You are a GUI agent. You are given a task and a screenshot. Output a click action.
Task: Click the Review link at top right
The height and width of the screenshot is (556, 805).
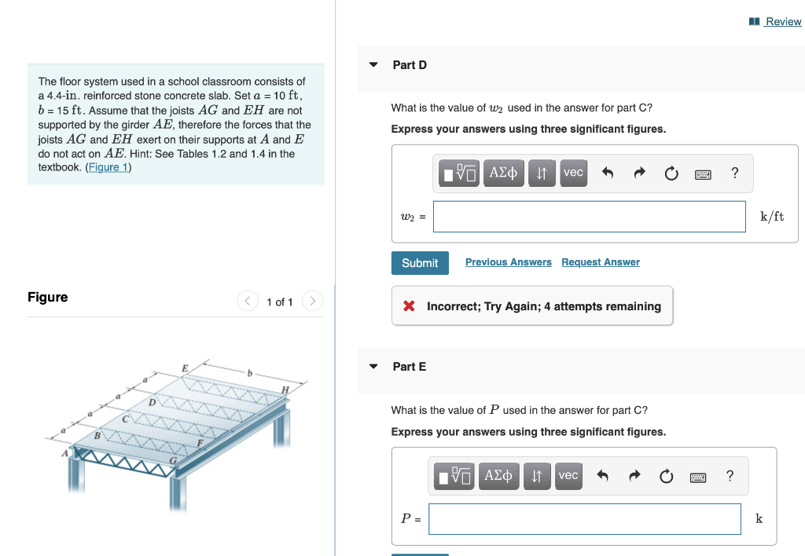[783, 21]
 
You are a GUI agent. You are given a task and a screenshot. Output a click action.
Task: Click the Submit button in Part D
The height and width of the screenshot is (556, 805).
[420, 263]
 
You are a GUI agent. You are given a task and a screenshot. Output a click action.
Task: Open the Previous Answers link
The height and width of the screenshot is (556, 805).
[508, 262]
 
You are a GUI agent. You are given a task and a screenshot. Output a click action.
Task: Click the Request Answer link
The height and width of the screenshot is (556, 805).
[600, 262]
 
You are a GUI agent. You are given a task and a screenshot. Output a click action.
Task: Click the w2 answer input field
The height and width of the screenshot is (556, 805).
[589, 217]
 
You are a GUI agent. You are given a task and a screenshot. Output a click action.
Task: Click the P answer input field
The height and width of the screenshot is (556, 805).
[584, 519]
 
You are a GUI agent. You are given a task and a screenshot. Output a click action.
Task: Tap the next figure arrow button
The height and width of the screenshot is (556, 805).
[313, 301]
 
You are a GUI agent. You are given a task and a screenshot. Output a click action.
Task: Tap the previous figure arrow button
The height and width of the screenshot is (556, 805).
[248, 301]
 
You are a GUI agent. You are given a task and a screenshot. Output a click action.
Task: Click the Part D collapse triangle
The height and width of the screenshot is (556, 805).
[374, 64]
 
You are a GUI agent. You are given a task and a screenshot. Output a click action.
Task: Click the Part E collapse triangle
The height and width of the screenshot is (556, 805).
[374, 366]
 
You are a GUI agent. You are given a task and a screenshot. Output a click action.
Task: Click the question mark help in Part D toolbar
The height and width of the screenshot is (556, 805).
[734, 174]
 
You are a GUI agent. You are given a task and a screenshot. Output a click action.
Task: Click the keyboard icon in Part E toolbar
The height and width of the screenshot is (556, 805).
[699, 476]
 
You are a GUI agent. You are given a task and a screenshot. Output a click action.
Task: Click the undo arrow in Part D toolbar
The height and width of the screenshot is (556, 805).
[607, 174]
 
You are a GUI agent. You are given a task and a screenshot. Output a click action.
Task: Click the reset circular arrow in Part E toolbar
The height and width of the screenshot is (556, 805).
[667, 476]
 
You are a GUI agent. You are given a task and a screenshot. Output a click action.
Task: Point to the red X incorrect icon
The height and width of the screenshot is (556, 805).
[409, 306]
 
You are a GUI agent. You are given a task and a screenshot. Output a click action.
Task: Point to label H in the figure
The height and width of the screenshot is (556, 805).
[285, 390]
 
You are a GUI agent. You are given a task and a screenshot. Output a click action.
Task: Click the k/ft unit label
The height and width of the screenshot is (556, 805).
[771, 217]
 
